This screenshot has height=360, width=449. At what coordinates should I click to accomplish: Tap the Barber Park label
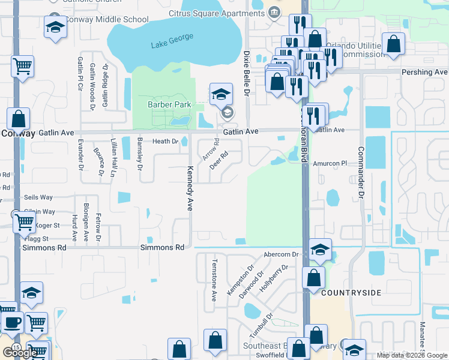click(x=169, y=104)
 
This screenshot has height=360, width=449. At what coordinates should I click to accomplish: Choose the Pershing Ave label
click(x=425, y=72)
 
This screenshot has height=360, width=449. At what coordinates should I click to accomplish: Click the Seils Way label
click(x=38, y=197)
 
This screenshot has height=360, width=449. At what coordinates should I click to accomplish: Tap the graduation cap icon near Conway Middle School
click(x=56, y=28)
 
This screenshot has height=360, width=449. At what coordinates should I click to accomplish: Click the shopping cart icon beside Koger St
click(x=25, y=222)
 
